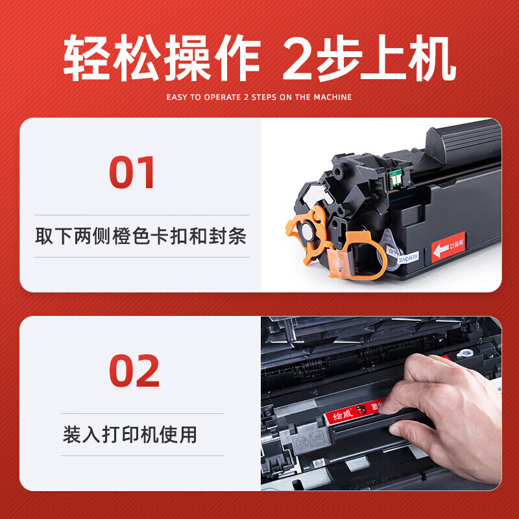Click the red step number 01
[132, 172]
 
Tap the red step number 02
[134, 370]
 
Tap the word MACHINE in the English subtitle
[332, 97]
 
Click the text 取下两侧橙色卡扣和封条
[141, 236]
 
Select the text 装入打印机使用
[130, 434]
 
